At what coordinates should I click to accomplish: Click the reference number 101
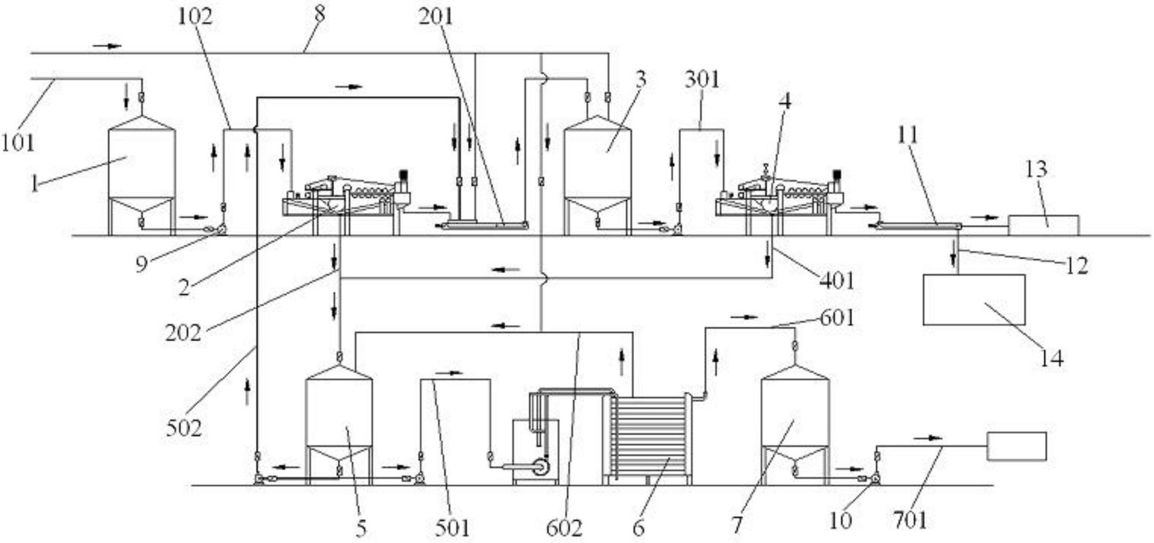tap(18, 143)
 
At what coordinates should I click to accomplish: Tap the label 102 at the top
tap(195, 17)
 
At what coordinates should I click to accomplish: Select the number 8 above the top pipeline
tap(319, 15)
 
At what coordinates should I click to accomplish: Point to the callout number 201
tap(436, 17)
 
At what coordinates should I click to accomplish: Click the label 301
tap(702, 79)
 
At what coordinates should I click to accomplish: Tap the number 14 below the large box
tap(1052, 359)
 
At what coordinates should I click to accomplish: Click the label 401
tap(836, 281)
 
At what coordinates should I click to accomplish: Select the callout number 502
tap(184, 428)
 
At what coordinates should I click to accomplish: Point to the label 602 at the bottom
tap(564, 528)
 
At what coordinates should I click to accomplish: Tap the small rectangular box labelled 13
tap(1044, 225)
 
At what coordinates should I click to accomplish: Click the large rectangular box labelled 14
tap(974, 300)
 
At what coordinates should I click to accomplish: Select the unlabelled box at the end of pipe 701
tap(1016, 446)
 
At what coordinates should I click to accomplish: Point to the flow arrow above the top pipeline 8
tap(108, 46)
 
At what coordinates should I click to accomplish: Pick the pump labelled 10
tap(875, 479)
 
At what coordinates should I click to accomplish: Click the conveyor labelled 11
tap(918, 225)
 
